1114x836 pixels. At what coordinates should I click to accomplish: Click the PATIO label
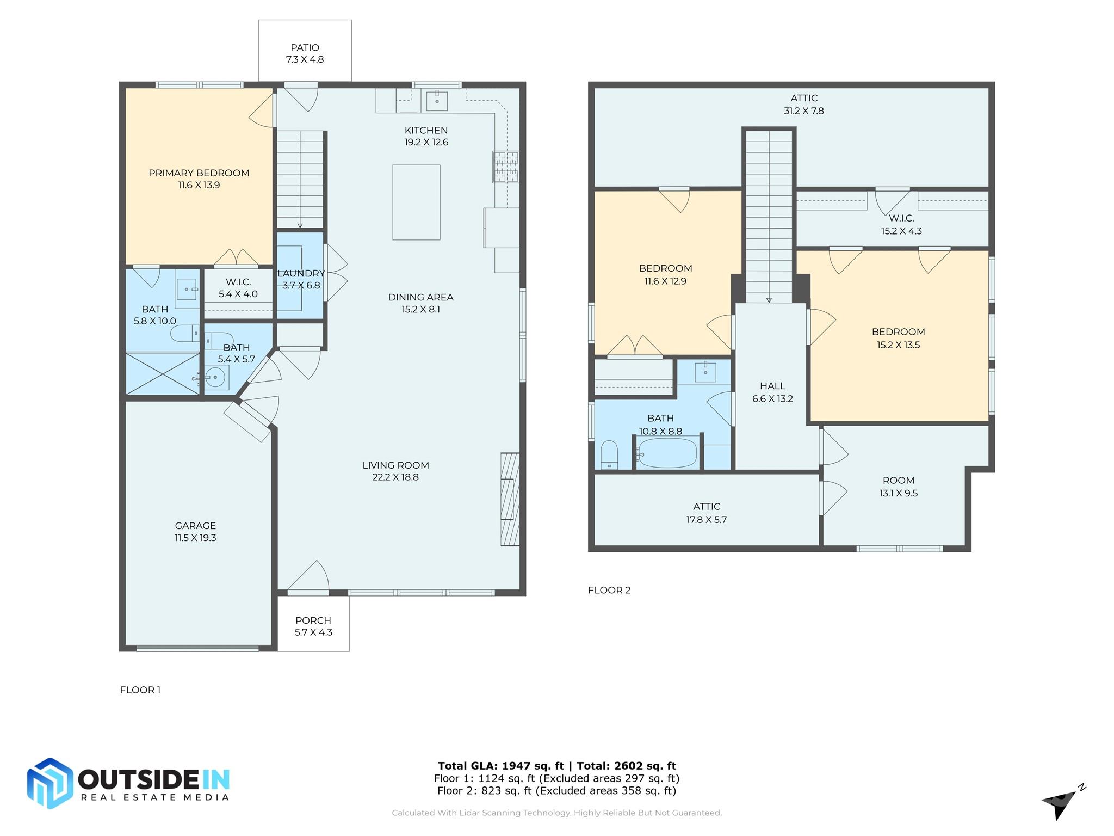coord(305,48)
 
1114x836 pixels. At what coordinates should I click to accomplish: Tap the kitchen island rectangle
coord(416,202)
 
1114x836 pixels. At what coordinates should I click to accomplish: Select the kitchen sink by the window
coord(437,101)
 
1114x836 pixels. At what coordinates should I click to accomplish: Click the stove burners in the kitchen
coord(506,167)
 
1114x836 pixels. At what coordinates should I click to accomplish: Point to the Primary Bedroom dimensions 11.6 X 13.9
coord(199,185)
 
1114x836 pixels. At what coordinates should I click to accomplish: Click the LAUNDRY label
coord(301,273)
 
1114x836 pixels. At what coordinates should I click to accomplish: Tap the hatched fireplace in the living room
coord(510,499)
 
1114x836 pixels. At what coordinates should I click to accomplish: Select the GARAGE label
coord(195,526)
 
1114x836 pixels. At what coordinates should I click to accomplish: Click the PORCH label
coord(313,620)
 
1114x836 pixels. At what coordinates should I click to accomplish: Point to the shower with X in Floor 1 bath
coord(163,373)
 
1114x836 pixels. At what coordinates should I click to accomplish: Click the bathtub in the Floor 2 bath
coord(667,453)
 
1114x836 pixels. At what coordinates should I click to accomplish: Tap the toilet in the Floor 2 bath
coord(609,455)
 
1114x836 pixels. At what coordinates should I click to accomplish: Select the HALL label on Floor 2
coord(772,386)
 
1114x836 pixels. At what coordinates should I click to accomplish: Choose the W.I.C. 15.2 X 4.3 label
coord(901,224)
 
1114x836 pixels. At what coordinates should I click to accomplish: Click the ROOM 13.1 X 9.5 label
coord(898,487)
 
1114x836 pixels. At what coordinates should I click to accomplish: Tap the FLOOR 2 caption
coord(609,590)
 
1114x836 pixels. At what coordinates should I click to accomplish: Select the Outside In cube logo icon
coord(50,783)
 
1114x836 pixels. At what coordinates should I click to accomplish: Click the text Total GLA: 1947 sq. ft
coord(501,766)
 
